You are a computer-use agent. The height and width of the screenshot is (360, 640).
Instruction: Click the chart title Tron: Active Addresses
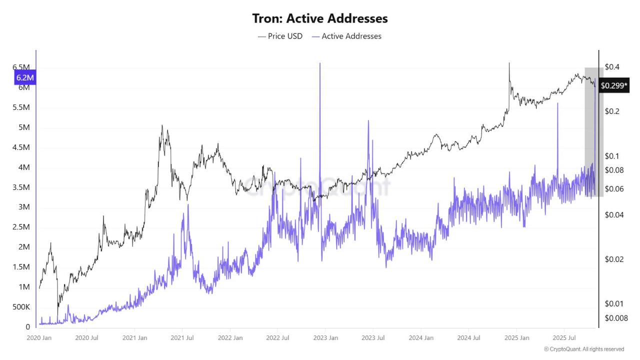click(320, 18)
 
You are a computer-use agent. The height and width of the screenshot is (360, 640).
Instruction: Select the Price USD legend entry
click(280, 36)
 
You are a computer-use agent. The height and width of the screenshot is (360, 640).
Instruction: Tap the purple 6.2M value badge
click(25, 77)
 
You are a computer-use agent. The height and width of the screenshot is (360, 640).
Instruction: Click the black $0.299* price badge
click(613, 85)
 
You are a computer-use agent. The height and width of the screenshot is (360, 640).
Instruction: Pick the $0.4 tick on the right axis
click(612, 67)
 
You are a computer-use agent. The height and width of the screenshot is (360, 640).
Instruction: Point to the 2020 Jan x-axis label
click(38, 338)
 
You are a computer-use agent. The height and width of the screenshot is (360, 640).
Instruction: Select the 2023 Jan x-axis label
click(325, 338)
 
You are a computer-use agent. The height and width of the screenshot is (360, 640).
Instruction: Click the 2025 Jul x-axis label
click(564, 338)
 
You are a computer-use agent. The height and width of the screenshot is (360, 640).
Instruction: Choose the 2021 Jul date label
click(182, 338)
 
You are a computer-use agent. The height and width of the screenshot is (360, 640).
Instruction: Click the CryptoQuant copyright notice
click(584, 349)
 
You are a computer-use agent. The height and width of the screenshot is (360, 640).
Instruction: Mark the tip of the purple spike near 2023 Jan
click(319, 63)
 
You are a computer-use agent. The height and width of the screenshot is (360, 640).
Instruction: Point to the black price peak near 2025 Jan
click(509, 63)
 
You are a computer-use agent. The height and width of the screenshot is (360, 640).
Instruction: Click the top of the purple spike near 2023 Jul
click(368, 120)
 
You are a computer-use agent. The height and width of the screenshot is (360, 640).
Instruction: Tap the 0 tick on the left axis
click(28, 327)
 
